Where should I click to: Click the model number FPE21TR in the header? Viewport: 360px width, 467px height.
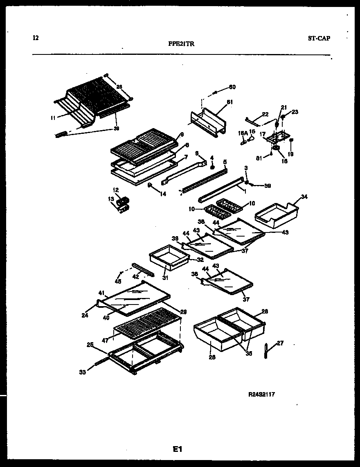(x=181, y=45)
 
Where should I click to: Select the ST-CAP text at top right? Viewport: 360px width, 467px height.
(x=319, y=38)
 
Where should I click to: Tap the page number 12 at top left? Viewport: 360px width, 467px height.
(x=36, y=38)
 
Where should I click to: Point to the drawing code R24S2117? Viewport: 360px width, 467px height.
(x=261, y=395)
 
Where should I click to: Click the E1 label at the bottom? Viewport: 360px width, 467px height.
(x=177, y=449)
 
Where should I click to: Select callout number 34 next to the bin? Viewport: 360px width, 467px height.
(x=304, y=197)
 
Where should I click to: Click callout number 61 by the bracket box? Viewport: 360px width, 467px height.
(x=229, y=102)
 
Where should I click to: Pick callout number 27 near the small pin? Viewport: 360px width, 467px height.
(x=280, y=343)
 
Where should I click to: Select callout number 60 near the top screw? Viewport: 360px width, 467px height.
(x=232, y=87)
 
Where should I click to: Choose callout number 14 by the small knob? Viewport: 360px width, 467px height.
(x=163, y=194)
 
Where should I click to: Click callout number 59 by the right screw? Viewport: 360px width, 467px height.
(x=268, y=185)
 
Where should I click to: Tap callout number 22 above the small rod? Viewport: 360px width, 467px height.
(x=265, y=114)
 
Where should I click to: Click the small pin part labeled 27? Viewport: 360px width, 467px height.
(x=266, y=351)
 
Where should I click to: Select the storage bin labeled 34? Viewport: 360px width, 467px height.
(x=276, y=215)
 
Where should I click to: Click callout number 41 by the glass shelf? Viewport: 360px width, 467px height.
(x=101, y=293)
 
